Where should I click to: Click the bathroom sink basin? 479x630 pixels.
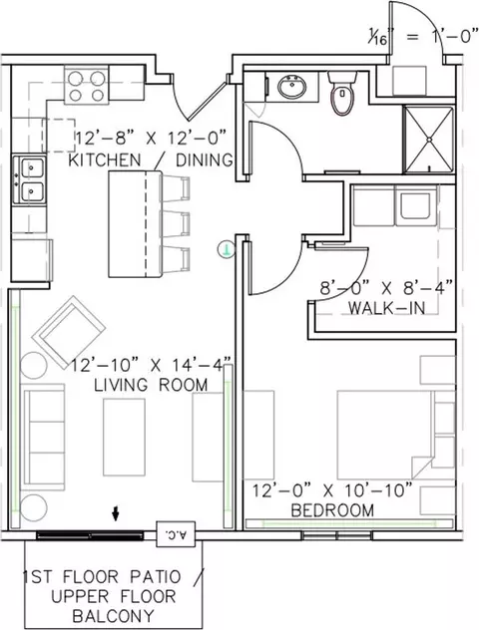pyautogui.click(x=292, y=87)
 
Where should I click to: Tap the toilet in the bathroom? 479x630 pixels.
pyautogui.click(x=342, y=94)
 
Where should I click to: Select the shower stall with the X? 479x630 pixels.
pyautogui.click(x=429, y=139)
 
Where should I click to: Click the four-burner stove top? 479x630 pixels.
pyautogui.click(x=87, y=86)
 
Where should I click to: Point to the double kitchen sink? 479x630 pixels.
pyautogui.click(x=29, y=179)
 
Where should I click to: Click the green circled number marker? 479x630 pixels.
pyautogui.click(x=227, y=249)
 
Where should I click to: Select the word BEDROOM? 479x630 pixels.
pyautogui.click(x=332, y=510)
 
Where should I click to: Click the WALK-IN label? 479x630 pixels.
pyautogui.click(x=386, y=308)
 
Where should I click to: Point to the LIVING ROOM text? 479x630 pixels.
pyautogui.click(x=151, y=385)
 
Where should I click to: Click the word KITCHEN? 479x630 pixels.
pyautogui.click(x=105, y=159)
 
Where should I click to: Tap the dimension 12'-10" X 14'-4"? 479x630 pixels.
pyautogui.click(x=152, y=365)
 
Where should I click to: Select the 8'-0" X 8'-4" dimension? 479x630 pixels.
pyautogui.click(x=386, y=288)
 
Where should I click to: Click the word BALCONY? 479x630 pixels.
pyautogui.click(x=114, y=615)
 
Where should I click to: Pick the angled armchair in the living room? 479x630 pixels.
pyautogui.click(x=69, y=332)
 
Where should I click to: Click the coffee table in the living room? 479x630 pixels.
pyautogui.click(x=124, y=437)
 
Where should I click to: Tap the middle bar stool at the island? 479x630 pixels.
pyautogui.click(x=176, y=222)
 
